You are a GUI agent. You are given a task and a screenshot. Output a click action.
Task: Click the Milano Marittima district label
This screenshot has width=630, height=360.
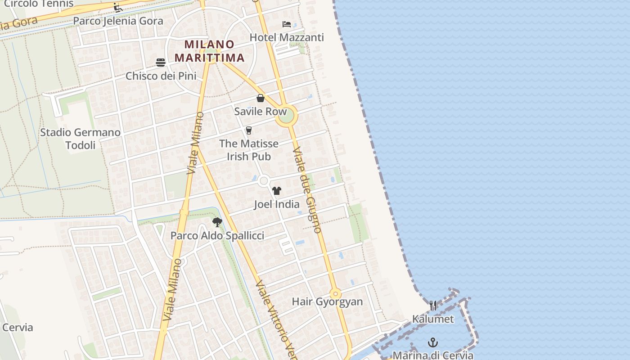point(210,51)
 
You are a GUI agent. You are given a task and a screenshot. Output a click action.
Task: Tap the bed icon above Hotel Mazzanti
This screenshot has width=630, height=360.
point(287,24)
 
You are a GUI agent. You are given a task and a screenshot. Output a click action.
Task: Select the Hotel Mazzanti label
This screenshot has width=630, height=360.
point(287,37)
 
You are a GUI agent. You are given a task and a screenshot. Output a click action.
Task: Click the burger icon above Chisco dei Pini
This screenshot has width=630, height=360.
point(161,63)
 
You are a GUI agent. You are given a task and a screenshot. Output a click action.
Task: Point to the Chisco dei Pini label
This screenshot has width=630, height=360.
point(161,76)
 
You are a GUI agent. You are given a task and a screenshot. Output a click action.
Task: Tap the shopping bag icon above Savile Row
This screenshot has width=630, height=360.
point(261,98)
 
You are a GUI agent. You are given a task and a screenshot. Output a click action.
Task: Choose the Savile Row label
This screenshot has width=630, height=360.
point(260,111)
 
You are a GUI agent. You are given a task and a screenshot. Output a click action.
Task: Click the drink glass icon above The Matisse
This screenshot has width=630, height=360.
point(249,130)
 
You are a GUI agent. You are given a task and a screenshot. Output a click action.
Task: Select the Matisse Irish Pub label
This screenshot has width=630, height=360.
point(249,150)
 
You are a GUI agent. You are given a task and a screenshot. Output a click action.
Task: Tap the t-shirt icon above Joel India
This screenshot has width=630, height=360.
point(277,191)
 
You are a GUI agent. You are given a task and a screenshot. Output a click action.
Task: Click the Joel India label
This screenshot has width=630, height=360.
point(277,204)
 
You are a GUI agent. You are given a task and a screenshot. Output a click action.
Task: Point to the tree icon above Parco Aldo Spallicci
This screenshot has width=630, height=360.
point(217,222)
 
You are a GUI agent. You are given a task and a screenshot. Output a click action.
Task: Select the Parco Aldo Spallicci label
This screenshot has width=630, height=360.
point(217,235)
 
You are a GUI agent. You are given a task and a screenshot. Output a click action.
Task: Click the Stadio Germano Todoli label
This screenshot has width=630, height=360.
point(81,139)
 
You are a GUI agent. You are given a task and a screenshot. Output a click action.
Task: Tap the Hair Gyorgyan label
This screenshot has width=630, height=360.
point(327,301)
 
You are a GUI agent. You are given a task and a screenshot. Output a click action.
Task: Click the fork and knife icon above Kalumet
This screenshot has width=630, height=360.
point(433,306)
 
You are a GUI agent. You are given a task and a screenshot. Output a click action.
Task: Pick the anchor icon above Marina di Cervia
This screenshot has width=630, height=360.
point(433,342)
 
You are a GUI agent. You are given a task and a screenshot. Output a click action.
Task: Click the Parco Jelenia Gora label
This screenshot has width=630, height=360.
point(118,21)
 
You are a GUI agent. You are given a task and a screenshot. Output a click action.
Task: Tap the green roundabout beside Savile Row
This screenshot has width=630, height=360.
point(287,116)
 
